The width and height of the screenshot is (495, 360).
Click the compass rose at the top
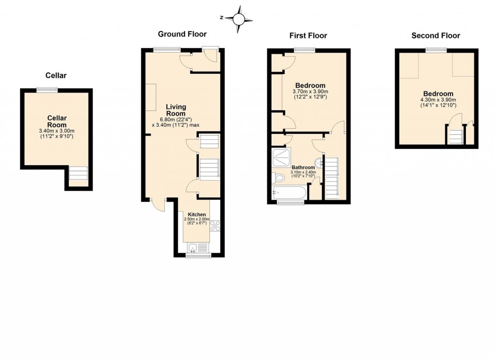(238, 19)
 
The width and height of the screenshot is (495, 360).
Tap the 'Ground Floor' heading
(182, 34)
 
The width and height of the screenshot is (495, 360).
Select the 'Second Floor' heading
(436, 35)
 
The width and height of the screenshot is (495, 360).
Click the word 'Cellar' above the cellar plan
(56, 75)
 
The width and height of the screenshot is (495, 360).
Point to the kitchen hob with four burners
(215, 225)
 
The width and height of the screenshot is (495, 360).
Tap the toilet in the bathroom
(279, 178)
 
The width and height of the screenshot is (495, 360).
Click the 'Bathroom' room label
(303, 167)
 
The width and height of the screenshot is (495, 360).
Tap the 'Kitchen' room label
(197, 214)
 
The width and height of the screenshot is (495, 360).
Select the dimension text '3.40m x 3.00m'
(56, 131)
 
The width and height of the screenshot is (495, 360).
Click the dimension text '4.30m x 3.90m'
(438, 100)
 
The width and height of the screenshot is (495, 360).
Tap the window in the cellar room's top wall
(47, 90)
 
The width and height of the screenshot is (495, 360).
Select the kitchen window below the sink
(198, 255)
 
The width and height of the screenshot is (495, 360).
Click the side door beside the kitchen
(157, 204)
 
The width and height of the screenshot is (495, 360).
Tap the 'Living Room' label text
(176, 110)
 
